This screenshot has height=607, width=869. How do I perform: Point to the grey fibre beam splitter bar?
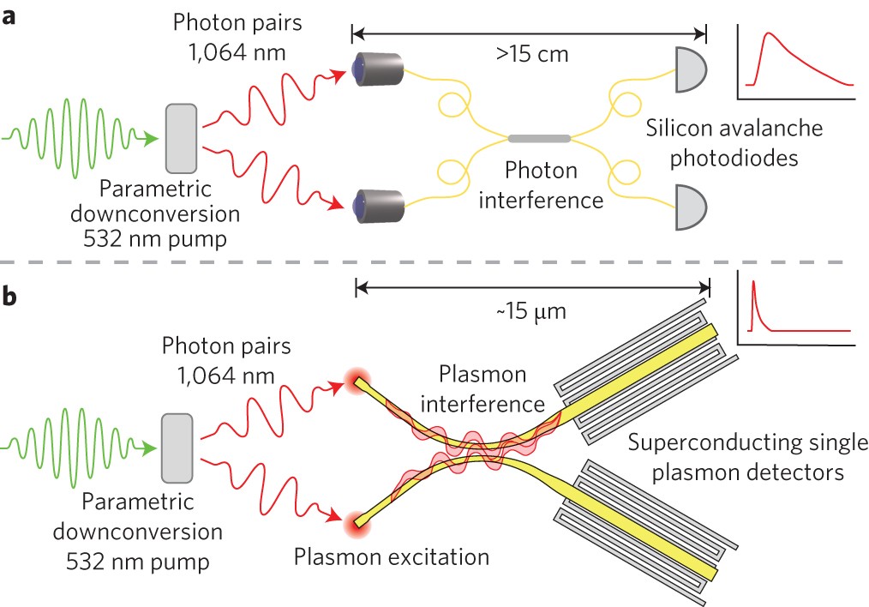pyautogui.click(x=539, y=137)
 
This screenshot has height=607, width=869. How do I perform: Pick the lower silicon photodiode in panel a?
pyautogui.click(x=692, y=207)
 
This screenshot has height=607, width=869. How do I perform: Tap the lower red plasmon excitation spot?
pyautogui.click(x=354, y=519)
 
